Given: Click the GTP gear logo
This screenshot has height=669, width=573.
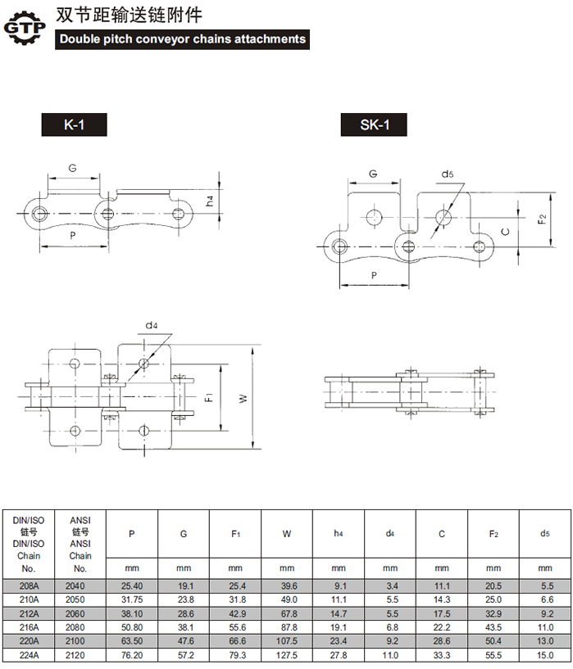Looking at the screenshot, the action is [x=25, y=28].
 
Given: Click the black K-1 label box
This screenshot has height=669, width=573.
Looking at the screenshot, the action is [x=74, y=124].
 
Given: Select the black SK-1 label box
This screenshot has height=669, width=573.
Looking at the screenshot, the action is [x=374, y=124].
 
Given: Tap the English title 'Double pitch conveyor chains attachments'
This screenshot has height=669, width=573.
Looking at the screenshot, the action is [x=182, y=39].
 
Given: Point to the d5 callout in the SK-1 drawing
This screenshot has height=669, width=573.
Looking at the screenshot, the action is [x=448, y=174].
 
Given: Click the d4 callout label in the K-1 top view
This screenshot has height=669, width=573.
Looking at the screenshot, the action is [x=152, y=326].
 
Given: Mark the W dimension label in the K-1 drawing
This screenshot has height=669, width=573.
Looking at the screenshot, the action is [x=243, y=398].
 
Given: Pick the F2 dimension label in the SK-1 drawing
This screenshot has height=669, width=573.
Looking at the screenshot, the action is [x=542, y=219].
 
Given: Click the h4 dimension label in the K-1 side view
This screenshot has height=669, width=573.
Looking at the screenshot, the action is [x=209, y=201].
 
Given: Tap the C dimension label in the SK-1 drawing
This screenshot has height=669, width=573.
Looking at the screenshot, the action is [x=506, y=232].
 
